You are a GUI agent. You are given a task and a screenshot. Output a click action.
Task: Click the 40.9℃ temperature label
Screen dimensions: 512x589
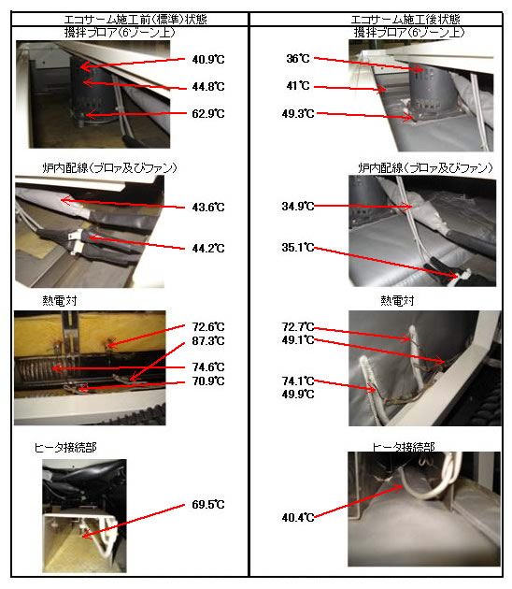tap(208, 59)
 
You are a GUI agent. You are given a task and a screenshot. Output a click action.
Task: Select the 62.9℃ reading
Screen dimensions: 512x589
tap(208, 113)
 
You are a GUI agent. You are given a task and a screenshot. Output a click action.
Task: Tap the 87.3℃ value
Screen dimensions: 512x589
tap(208, 341)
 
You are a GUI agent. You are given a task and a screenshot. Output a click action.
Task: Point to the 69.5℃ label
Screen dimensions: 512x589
tap(208, 505)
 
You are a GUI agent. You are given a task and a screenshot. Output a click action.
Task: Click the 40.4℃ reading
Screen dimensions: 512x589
tap(298, 518)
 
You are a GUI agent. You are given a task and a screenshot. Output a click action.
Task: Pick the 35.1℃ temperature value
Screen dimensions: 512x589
tap(298, 248)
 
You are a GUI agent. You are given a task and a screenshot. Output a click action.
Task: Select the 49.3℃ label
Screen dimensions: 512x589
tap(298, 113)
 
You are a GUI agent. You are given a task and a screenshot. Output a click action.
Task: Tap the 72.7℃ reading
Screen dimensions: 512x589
tap(298, 327)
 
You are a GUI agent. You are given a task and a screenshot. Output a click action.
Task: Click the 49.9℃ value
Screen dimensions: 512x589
tap(298, 395)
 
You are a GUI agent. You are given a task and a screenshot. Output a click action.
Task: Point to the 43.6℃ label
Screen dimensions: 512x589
tap(208, 207)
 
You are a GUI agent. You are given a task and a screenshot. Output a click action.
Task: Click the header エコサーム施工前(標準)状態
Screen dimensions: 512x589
tap(135, 19)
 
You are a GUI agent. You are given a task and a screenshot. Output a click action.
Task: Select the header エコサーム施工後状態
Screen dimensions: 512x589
tap(405, 19)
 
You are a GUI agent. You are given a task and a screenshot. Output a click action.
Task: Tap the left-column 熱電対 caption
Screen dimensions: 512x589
tap(59, 300)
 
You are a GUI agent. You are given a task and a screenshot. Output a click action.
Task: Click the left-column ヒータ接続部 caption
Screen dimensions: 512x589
tap(65, 448)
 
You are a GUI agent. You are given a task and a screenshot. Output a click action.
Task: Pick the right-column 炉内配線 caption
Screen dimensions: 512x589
tap(425, 167)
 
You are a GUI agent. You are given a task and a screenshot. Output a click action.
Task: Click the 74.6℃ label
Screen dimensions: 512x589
tap(208, 367)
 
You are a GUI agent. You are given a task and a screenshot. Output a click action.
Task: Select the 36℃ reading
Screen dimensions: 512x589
tap(298, 59)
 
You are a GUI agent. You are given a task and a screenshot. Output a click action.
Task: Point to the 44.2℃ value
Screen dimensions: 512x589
tap(208, 249)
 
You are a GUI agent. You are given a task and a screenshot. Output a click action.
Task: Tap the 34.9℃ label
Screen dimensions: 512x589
tap(298, 207)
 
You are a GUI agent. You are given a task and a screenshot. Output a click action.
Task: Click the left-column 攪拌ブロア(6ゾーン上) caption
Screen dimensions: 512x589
tap(120, 33)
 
